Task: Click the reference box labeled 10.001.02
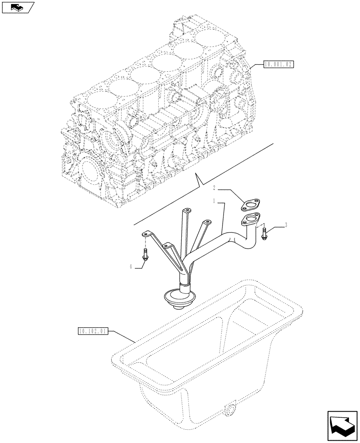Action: pos(278,64)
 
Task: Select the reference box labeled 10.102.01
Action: pos(93,330)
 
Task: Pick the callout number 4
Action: pos(131,267)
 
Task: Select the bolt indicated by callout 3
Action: pos(264,233)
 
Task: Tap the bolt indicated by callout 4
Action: pos(145,254)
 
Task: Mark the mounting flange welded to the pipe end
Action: pos(251,219)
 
